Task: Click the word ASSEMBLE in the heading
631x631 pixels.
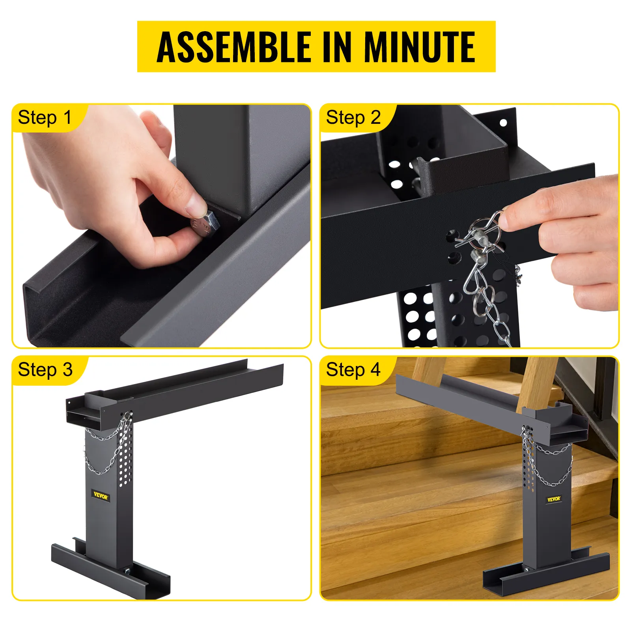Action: point(234,47)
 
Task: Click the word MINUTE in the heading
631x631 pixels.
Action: point(419,47)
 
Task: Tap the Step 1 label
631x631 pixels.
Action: point(45,118)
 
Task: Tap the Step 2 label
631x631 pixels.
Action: point(353,118)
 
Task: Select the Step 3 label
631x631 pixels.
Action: point(45,370)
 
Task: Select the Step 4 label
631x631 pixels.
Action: point(353,370)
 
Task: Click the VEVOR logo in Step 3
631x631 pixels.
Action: point(101,496)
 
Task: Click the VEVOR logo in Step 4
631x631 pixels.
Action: point(554,499)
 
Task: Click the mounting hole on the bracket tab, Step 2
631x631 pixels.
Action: point(503,123)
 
